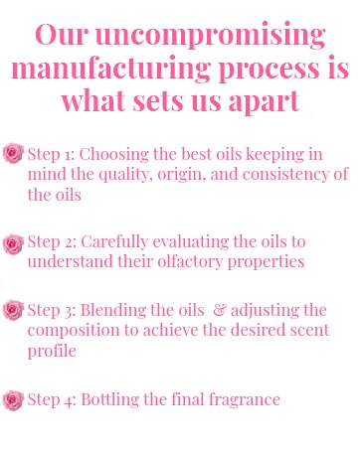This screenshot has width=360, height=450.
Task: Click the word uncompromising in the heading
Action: [211, 36]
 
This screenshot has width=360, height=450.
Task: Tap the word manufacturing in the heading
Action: [110, 70]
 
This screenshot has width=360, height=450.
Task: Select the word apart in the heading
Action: [265, 101]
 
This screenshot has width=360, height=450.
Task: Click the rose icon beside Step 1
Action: [13, 153]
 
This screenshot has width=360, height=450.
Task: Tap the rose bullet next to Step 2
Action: [13, 244]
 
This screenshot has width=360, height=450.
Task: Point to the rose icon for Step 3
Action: [13, 310]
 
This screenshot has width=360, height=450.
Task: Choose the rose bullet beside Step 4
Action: [13, 400]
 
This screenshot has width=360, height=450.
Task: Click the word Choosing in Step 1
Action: [114, 155]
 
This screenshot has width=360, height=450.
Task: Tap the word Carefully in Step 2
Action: [114, 242]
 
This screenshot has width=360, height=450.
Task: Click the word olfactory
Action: [190, 262]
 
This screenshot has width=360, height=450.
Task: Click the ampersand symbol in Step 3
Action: [219, 310]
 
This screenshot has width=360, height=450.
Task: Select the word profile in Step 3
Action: [52, 351]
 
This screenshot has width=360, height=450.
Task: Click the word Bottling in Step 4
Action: [110, 399]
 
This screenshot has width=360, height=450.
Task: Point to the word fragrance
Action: [245, 399]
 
